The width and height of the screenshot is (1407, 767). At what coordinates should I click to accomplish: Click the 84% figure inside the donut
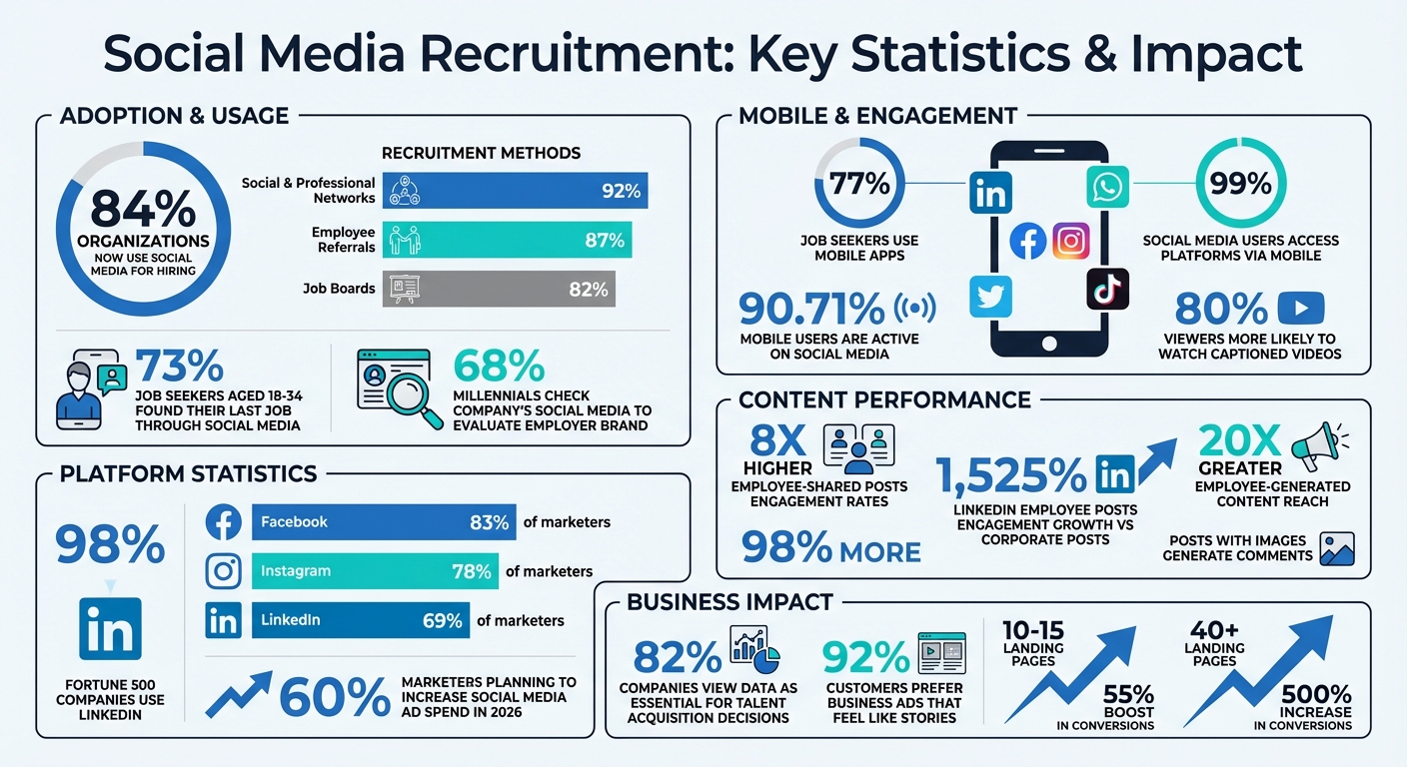142,210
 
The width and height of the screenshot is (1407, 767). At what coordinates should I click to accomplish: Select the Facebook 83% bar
385,522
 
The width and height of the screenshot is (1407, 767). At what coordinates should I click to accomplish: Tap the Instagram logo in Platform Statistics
223,571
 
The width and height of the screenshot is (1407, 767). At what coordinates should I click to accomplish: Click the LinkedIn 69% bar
361,620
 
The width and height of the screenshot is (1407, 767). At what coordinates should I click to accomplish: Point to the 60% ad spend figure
334,697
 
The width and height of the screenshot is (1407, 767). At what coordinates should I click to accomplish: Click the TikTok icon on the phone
1107,290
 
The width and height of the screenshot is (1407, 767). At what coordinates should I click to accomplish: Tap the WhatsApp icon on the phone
1107,188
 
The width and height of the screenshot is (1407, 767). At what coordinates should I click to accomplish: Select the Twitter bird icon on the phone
990,297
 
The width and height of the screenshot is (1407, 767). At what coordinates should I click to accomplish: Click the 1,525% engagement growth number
1011,475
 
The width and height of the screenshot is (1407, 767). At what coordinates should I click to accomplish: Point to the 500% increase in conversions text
1316,693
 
